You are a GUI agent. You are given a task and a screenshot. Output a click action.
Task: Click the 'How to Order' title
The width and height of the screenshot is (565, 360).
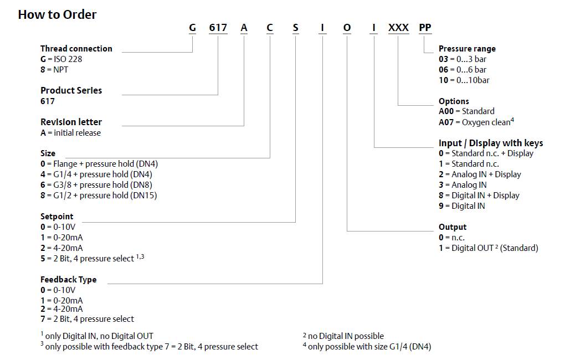pos(57,15)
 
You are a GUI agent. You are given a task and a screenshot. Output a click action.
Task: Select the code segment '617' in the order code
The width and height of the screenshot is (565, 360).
pos(218,28)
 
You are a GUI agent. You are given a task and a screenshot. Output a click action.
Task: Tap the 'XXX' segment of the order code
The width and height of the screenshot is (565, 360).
pos(398,28)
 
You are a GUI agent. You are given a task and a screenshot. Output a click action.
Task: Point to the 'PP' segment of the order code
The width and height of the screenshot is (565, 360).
pos(425,28)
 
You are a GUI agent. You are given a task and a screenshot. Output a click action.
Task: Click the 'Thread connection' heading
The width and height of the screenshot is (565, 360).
pos(76,49)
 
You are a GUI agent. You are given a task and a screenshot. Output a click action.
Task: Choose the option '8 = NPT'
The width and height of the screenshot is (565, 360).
pos(54,70)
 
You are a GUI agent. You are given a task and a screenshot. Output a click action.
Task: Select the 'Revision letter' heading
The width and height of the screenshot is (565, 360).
pos(71,122)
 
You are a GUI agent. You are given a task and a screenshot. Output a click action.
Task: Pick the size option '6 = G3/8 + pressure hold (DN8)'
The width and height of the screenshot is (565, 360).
pos(96,185)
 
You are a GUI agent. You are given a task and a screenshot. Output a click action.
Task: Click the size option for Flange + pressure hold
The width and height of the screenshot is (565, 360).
pos(99,164)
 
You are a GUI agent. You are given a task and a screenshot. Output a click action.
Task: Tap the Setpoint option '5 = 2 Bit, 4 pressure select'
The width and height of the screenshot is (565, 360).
pos(93,258)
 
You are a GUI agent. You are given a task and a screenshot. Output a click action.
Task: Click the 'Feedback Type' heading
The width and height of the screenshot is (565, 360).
pos(69,280)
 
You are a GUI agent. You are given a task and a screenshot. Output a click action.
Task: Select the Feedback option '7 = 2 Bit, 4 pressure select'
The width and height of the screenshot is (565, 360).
pos(87,319)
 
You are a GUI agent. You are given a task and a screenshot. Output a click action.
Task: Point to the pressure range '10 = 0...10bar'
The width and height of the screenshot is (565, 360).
pos(464,80)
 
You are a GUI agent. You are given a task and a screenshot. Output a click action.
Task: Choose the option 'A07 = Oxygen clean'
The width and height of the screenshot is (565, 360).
pos(476,122)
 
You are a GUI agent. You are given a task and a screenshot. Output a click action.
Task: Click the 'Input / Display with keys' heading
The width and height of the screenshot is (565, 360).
pos(491,143)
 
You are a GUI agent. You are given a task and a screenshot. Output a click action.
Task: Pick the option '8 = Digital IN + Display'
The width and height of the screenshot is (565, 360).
pos(479,196)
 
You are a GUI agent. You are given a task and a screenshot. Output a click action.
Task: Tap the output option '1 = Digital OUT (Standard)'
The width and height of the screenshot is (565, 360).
pos(488,248)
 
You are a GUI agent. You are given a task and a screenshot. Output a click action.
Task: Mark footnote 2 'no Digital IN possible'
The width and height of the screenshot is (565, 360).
pos(343,336)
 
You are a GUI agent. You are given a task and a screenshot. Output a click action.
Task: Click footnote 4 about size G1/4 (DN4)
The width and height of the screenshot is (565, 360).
pos(367,347)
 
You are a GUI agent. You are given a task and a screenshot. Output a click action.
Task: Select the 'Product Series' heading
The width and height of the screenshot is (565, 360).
pos(71,90)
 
